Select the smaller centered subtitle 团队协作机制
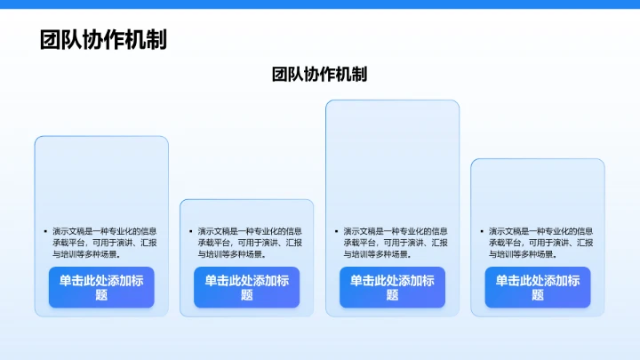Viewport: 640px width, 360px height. [319, 75]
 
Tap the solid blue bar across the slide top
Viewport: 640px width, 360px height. [320, 4]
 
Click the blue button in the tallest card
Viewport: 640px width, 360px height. [392, 287]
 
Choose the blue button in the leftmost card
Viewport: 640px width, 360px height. [101, 287]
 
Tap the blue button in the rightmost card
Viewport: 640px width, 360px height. [538, 287]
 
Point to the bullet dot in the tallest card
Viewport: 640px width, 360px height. [335, 231]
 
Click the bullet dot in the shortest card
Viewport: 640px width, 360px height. [189, 231]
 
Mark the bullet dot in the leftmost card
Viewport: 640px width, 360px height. [44, 231]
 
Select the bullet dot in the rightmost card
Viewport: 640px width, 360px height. [480, 231]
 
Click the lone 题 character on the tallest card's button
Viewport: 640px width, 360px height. [392, 295]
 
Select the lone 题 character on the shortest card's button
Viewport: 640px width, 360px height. [247, 295]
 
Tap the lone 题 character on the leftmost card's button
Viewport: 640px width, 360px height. [101, 295]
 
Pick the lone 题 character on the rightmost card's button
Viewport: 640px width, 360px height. [538, 295]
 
